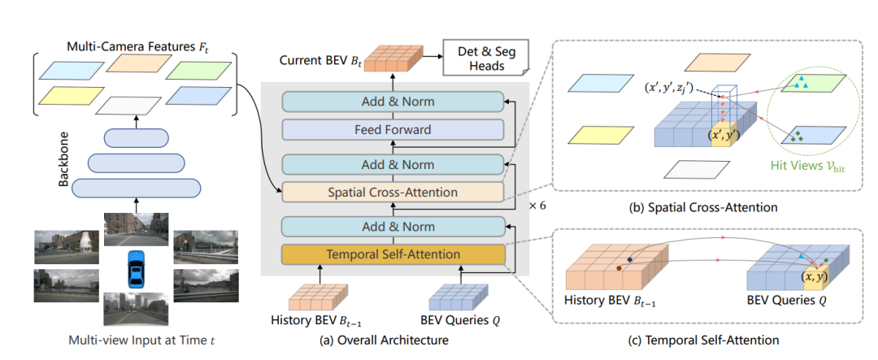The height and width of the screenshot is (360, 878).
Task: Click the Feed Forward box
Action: pos(392,129)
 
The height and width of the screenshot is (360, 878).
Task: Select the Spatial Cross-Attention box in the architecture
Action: pos(392,193)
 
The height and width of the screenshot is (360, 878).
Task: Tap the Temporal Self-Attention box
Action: pos(392,254)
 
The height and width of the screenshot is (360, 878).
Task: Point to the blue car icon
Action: pos(137,271)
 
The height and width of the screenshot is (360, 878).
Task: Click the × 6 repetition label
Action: pos(538,206)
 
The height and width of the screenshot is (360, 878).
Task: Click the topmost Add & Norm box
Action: pos(392,102)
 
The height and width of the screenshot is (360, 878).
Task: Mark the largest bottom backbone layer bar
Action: pos(136,188)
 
